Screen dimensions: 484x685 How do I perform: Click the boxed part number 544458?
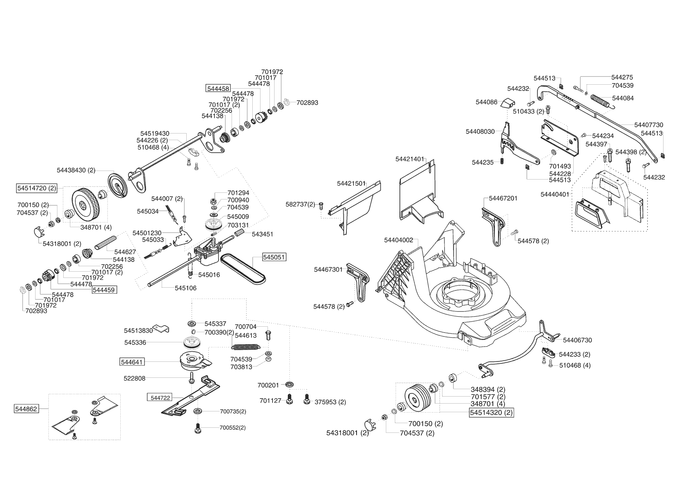pyautogui.click(x=218, y=89)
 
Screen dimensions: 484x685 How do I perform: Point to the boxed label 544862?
pyautogui.click(x=27, y=409)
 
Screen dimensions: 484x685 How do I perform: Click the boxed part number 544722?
pyautogui.click(x=161, y=398)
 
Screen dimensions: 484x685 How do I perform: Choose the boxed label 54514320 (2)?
pyautogui.click(x=491, y=413)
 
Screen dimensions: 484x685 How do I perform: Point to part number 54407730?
pyautogui.click(x=649, y=125)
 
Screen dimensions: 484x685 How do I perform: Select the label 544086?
pyautogui.click(x=487, y=102)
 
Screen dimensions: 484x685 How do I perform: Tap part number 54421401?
pyautogui.click(x=409, y=159)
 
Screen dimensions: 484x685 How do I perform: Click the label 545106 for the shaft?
pyautogui.click(x=186, y=288)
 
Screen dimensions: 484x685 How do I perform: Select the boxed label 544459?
pyautogui.click(x=104, y=290)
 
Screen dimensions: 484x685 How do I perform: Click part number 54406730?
pyautogui.click(x=577, y=340)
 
